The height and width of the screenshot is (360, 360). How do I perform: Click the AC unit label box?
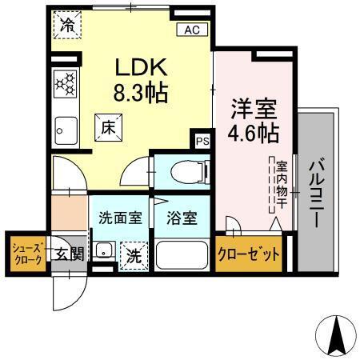coord(191,30)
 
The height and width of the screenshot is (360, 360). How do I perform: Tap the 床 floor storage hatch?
coord(108,126)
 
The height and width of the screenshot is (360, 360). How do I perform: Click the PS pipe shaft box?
coord(202,142)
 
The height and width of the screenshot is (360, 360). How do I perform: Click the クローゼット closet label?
coord(249,255)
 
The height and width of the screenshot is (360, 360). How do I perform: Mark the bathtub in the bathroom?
coord(182,255)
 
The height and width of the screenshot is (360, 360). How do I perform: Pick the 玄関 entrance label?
coord(69,254)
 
